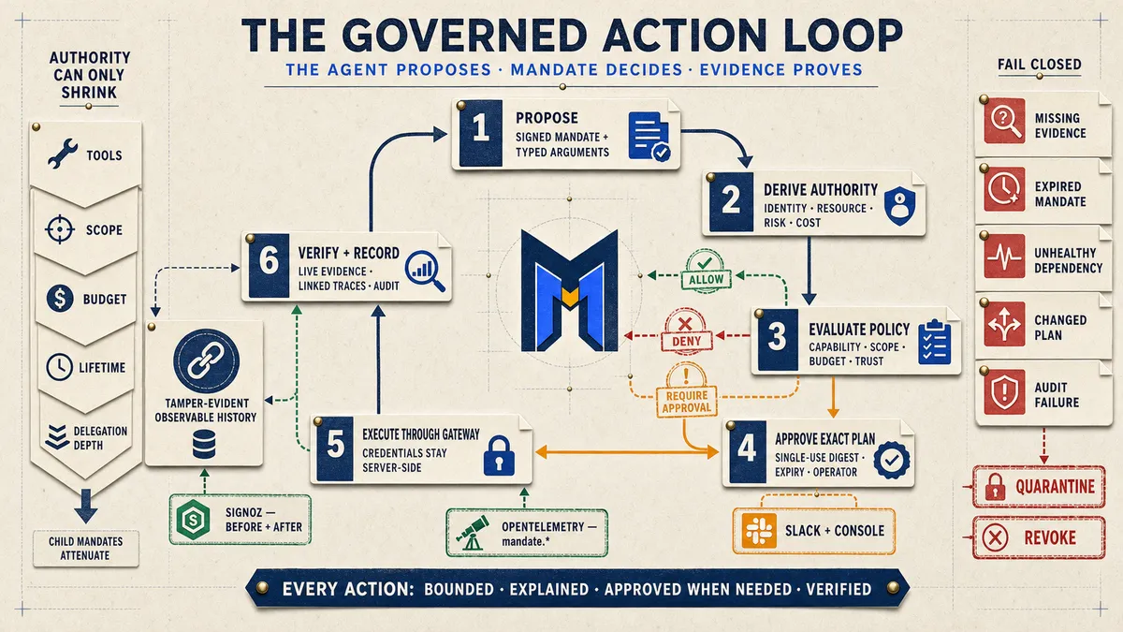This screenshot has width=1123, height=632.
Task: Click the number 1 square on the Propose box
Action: point(481,133)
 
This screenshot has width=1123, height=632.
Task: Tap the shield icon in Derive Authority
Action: point(899,206)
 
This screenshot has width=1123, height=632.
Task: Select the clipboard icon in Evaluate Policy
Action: point(935,342)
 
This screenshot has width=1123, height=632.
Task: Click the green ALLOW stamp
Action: point(706,271)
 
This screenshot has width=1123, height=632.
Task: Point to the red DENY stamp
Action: point(686,333)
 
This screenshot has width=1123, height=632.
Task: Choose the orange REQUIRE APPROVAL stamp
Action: point(686,390)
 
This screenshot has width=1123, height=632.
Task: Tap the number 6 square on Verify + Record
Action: point(269,265)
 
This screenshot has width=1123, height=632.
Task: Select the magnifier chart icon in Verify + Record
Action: point(425,271)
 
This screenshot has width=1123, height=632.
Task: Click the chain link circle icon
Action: point(206,361)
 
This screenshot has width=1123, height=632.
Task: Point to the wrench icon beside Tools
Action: point(63,154)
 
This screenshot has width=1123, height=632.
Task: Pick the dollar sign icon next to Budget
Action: point(60,299)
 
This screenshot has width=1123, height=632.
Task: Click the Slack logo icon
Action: point(759,531)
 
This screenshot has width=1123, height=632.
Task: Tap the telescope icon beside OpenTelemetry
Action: point(473,533)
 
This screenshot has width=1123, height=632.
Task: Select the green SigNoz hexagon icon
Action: point(193,520)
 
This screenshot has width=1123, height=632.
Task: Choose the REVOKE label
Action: point(1050,537)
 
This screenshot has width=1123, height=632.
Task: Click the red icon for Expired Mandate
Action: point(1004,189)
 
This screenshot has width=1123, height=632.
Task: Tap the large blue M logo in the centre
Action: point(570,291)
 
